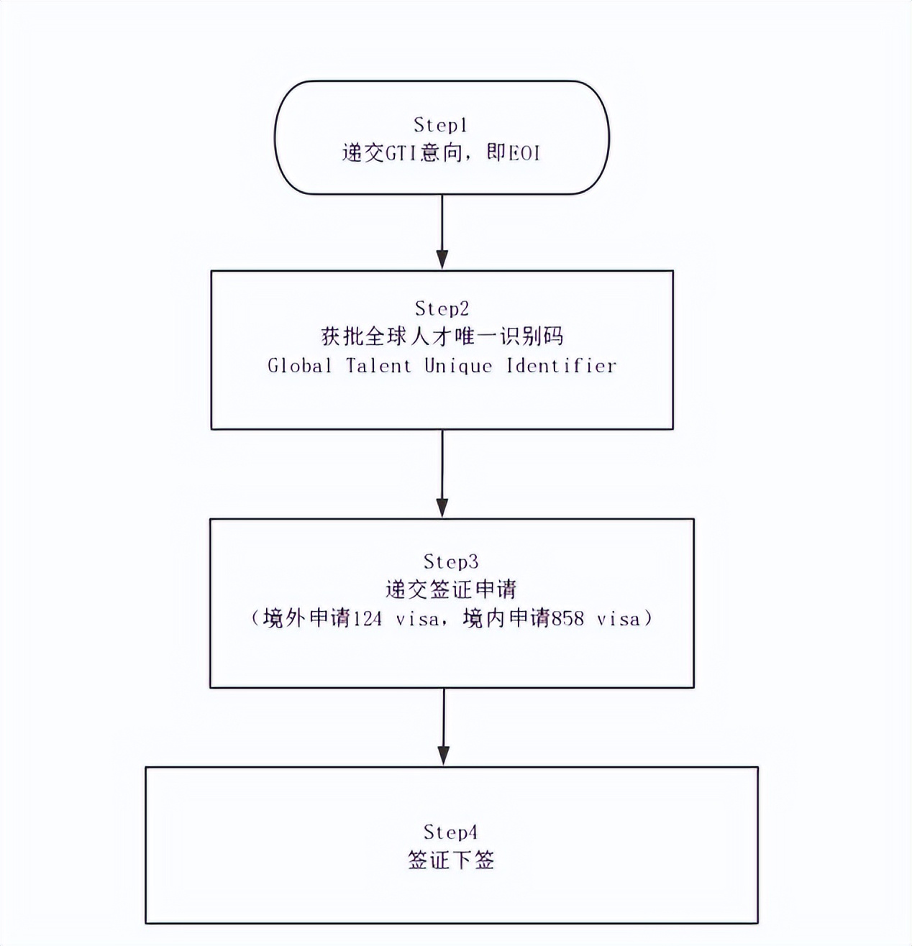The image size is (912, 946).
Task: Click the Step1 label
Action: click(x=441, y=125)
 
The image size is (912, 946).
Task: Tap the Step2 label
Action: click(x=442, y=308)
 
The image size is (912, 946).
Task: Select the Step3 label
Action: click(x=451, y=561)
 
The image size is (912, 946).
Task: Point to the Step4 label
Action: click(x=450, y=832)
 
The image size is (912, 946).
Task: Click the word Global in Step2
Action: click(x=300, y=366)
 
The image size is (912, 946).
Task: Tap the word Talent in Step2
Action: click(x=378, y=366)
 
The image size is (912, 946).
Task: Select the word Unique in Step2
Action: click(x=458, y=366)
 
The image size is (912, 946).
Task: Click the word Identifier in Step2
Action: click(x=562, y=366)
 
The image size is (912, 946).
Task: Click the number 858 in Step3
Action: click(x=567, y=619)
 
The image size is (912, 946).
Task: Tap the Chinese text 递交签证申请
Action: click(x=451, y=590)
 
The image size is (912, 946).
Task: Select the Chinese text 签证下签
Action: click(x=451, y=860)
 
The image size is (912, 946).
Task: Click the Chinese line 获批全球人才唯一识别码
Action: click(x=442, y=336)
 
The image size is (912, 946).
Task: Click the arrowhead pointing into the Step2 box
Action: click(x=442, y=260)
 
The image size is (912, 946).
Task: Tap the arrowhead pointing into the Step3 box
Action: click(x=442, y=507)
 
